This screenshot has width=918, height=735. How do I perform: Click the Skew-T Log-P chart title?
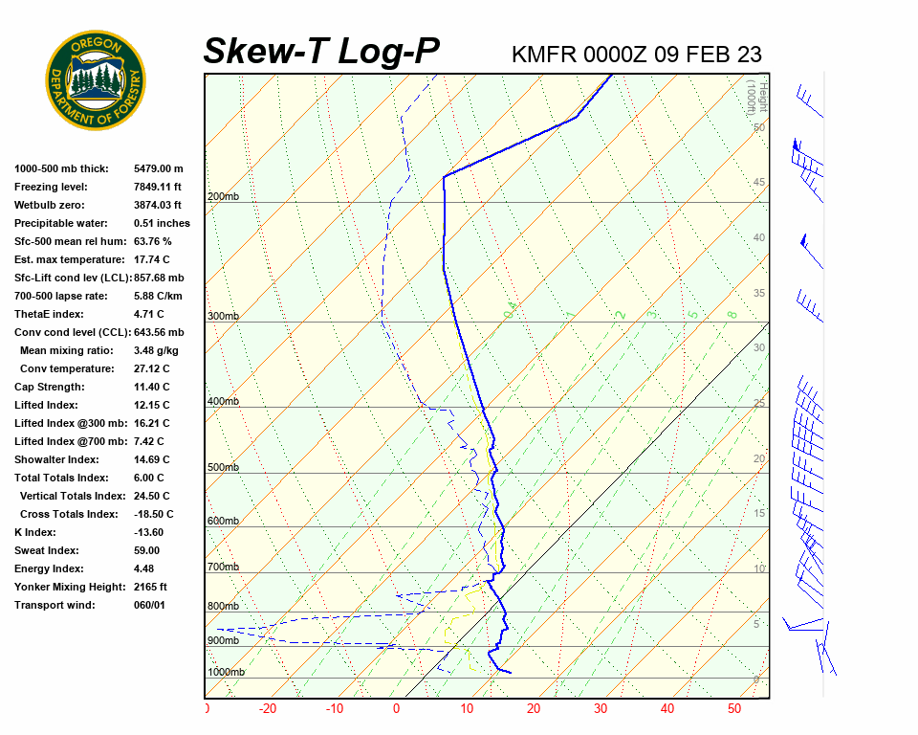(321, 51)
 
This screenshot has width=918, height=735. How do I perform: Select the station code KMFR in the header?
(544, 55)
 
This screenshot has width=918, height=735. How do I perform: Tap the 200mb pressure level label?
(223, 197)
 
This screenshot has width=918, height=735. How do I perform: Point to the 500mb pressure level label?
(223, 468)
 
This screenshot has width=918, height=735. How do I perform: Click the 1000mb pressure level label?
(226, 673)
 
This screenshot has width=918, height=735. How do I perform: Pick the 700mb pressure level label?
(223, 568)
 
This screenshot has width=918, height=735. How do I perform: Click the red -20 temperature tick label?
(268, 709)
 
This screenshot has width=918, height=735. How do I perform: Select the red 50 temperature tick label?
(734, 709)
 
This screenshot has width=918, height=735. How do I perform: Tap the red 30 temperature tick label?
(601, 709)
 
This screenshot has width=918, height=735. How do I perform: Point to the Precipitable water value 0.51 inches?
(162, 223)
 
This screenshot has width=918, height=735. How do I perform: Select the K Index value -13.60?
(148, 532)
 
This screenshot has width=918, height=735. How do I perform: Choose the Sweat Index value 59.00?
(147, 550)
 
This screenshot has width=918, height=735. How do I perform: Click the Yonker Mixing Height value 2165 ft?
(150, 587)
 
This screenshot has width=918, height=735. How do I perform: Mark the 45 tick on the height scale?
(759, 183)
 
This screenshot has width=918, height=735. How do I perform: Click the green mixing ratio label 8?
(732, 314)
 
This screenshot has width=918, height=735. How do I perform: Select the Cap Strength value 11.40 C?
(151, 387)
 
